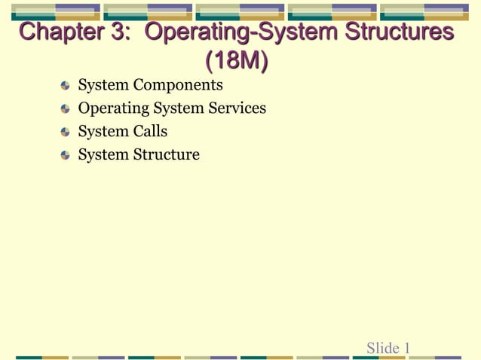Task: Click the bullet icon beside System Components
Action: coord(66,86)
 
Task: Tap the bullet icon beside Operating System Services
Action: coord(66,109)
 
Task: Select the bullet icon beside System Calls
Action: coord(66,133)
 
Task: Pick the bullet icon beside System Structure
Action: coord(66,156)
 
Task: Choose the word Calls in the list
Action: coord(151,132)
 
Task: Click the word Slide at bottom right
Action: coord(383,348)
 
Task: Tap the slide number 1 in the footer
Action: coord(407,348)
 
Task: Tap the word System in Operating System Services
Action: coord(178,108)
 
